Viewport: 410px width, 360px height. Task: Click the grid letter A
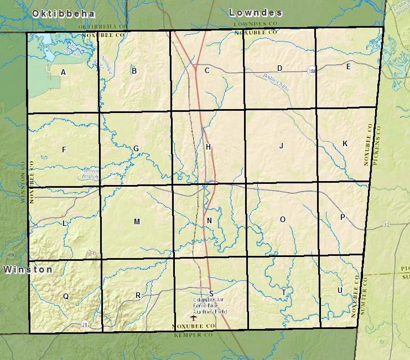tap(64, 72)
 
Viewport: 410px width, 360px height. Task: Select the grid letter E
tap(348, 67)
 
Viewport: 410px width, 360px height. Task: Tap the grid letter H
tap(208, 147)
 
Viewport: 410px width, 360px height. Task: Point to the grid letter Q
tap(66, 296)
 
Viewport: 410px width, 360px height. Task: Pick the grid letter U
tap(340, 291)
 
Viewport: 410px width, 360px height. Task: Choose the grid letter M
tap(137, 222)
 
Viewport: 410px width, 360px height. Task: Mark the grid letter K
tap(345, 143)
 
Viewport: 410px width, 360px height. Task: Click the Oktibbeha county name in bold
tap(64, 13)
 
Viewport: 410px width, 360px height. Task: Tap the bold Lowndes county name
tap(256, 12)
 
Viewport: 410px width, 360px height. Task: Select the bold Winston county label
tap(28, 270)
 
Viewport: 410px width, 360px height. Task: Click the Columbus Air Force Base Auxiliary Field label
tap(210, 305)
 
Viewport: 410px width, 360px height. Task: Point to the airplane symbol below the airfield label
tap(193, 318)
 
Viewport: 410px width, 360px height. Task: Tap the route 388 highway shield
tap(312, 70)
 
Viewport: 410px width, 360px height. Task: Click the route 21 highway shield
tap(84, 323)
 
